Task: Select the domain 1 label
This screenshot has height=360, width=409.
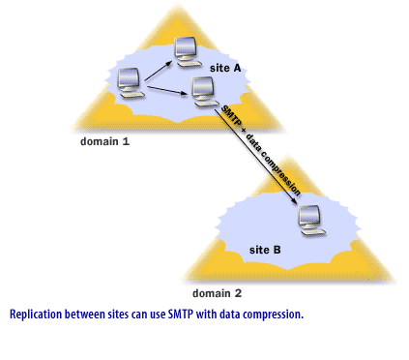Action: [104, 141]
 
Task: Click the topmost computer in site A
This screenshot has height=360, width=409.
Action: [187, 51]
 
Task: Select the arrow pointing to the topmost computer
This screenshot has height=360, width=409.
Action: [158, 68]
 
